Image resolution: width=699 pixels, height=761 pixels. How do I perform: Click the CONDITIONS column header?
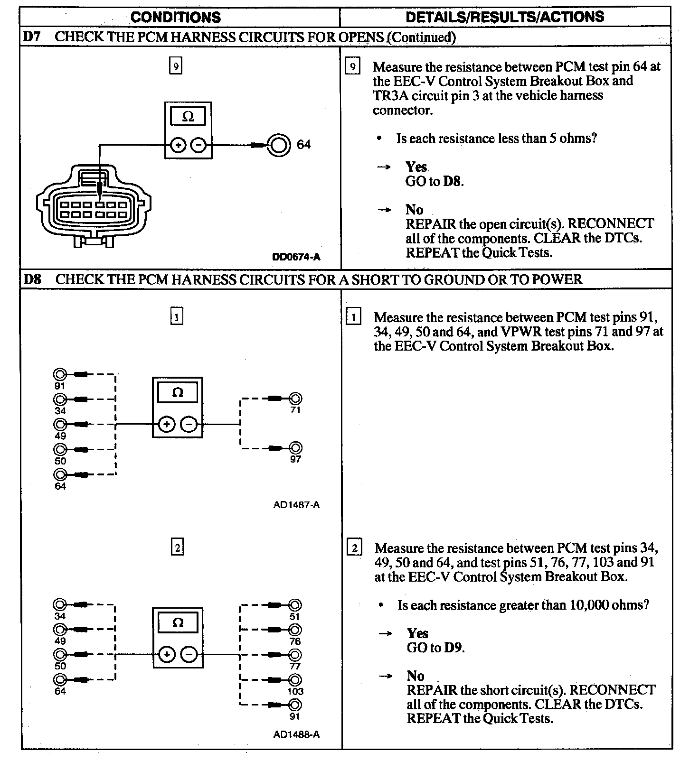[175, 18]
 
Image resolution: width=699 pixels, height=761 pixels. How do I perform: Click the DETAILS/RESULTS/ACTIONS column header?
[505, 17]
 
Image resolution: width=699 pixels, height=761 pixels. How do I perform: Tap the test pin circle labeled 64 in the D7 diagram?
[278, 145]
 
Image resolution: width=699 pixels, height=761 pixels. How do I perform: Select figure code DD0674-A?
[296, 257]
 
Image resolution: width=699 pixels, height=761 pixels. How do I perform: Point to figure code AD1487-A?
[296, 505]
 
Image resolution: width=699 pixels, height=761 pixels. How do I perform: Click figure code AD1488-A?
[296, 734]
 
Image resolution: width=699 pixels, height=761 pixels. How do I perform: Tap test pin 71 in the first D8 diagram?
[295, 399]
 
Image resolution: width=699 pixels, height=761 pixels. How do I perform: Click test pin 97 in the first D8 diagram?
[295, 448]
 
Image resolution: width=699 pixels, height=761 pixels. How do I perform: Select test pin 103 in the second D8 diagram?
[295, 680]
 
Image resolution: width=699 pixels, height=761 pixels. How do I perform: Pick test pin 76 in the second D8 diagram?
[295, 630]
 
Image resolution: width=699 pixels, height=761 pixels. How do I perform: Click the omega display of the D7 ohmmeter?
[188, 117]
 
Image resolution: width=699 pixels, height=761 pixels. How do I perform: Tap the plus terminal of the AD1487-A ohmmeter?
[166, 424]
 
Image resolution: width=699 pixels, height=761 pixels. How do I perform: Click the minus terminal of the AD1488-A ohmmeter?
[189, 655]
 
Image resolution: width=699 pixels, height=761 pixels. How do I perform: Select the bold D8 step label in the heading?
[32, 279]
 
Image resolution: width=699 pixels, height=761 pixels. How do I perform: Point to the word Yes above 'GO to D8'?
[416, 167]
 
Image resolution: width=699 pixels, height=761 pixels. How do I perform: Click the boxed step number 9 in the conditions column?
[176, 66]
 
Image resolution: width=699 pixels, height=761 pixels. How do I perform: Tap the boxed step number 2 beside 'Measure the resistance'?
[354, 548]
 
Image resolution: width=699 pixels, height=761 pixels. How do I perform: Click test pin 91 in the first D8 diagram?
[60, 374]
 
